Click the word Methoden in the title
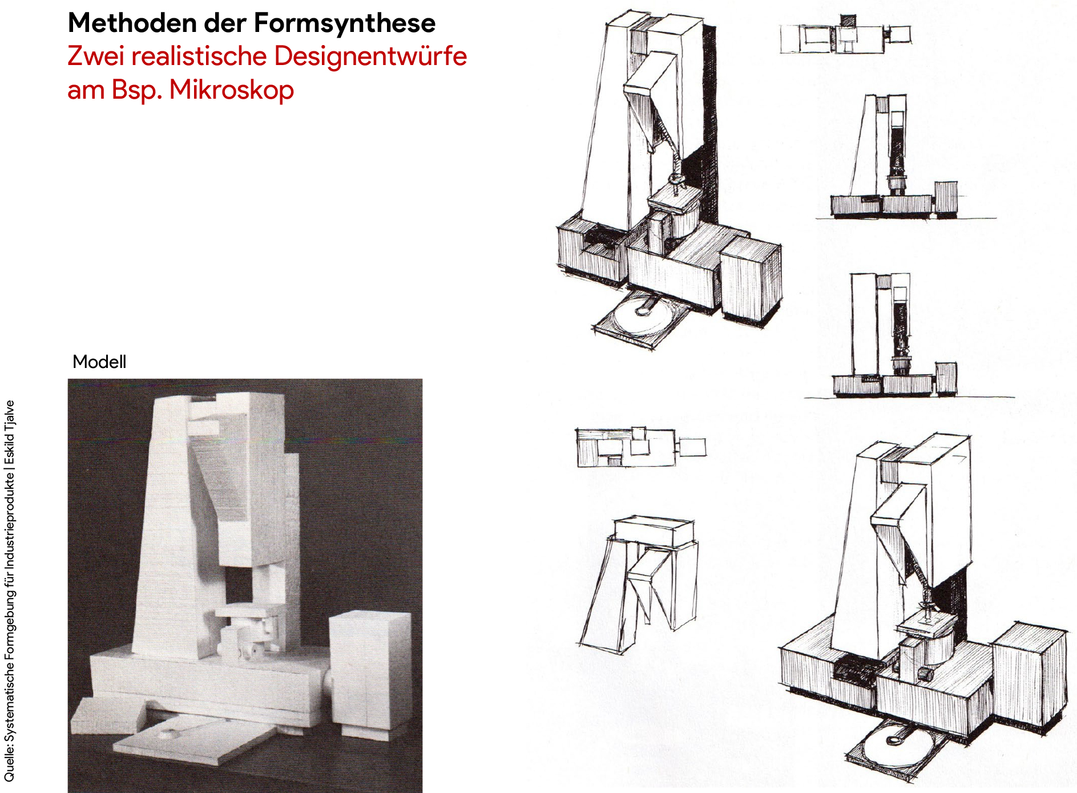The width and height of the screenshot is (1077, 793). coord(132,23)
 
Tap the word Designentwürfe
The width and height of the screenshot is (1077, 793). coord(371,56)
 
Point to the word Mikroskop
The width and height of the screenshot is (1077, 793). coord(232,90)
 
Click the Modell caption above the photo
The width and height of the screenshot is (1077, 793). coord(99,362)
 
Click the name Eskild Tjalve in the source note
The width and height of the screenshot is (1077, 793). coord(10,434)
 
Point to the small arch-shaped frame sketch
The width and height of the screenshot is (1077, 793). coord(639,582)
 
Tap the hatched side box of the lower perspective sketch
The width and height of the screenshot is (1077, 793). coord(1031,673)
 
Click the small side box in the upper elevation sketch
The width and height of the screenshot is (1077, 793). coord(946,198)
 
